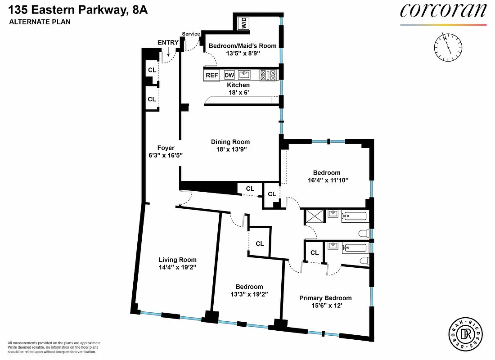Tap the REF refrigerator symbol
211,76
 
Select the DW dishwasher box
229,76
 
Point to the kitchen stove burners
268,75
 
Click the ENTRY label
168,43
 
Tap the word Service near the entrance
191,34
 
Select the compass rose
446,47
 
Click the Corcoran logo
443,11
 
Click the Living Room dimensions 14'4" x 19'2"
177,267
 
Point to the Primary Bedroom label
325,298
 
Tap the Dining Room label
230,142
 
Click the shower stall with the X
313,216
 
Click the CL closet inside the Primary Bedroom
315,252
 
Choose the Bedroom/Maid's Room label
243,46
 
